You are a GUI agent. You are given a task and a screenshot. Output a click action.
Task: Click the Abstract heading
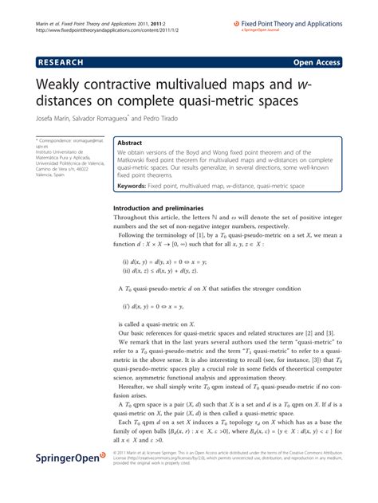click(132, 141)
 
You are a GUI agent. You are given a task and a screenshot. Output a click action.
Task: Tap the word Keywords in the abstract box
click(136, 186)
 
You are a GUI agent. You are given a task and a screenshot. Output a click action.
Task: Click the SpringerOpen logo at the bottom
click(71, 480)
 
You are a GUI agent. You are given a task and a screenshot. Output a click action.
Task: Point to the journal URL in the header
click(104, 30)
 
